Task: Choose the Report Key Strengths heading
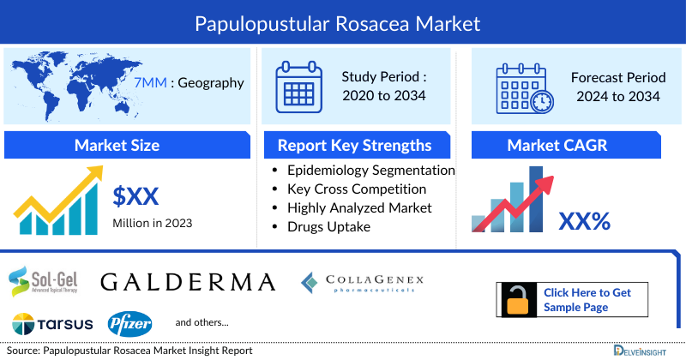tap(354, 145)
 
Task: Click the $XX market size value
tap(136, 197)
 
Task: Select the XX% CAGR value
tap(584, 221)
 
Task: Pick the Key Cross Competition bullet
tap(357, 189)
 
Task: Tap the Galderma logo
tap(188, 281)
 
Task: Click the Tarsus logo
tap(46, 324)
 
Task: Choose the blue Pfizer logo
tap(130, 324)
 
